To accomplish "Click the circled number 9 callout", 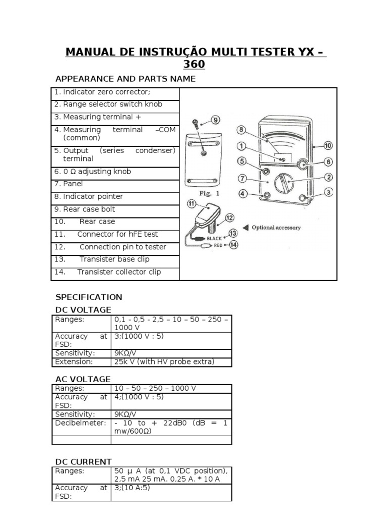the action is (x=216, y=120).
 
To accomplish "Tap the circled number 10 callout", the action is (x=328, y=145).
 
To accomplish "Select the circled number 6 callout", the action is (x=328, y=162).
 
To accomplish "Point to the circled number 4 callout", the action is (x=243, y=194).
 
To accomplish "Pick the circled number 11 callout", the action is (x=191, y=204).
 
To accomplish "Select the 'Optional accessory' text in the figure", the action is (x=276, y=227).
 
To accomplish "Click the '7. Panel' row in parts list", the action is (x=69, y=184).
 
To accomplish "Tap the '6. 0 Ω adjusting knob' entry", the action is (x=92, y=171).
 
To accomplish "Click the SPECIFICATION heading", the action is (x=88, y=297).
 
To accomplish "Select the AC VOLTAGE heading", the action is (x=83, y=379).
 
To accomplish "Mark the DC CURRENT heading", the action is (x=83, y=461).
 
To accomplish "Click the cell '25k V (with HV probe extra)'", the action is (x=165, y=361).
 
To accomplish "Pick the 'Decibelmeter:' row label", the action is (x=80, y=423).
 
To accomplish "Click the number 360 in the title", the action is (x=195, y=65).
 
